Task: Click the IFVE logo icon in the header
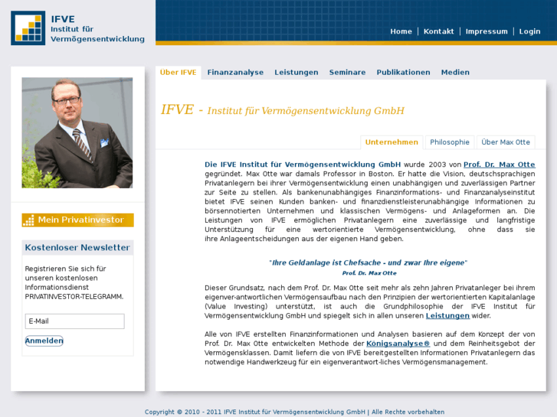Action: [x=28, y=28]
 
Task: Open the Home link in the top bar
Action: [x=401, y=31]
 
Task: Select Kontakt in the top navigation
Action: [x=438, y=31]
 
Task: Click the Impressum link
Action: [x=487, y=31]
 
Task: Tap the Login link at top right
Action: [x=529, y=31]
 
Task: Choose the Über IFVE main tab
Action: [x=179, y=73]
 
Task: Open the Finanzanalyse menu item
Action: [x=235, y=73]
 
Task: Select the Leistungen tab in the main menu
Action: [x=297, y=73]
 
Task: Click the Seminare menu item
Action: [x=347, y=73]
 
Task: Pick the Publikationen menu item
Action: [x=403, y=73]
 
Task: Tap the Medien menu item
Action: [x=455, y=73]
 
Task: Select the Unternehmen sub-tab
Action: [x=392, y=142]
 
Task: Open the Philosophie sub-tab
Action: [x=450, y=142]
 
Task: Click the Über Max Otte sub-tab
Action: [x=506, y=142]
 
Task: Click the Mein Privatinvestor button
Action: [x=77, y=220]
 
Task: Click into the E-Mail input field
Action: [x=74, y=321]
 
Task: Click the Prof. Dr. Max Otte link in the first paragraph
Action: [x=500, y=165]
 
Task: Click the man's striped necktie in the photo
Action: [x=82, y=142]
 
